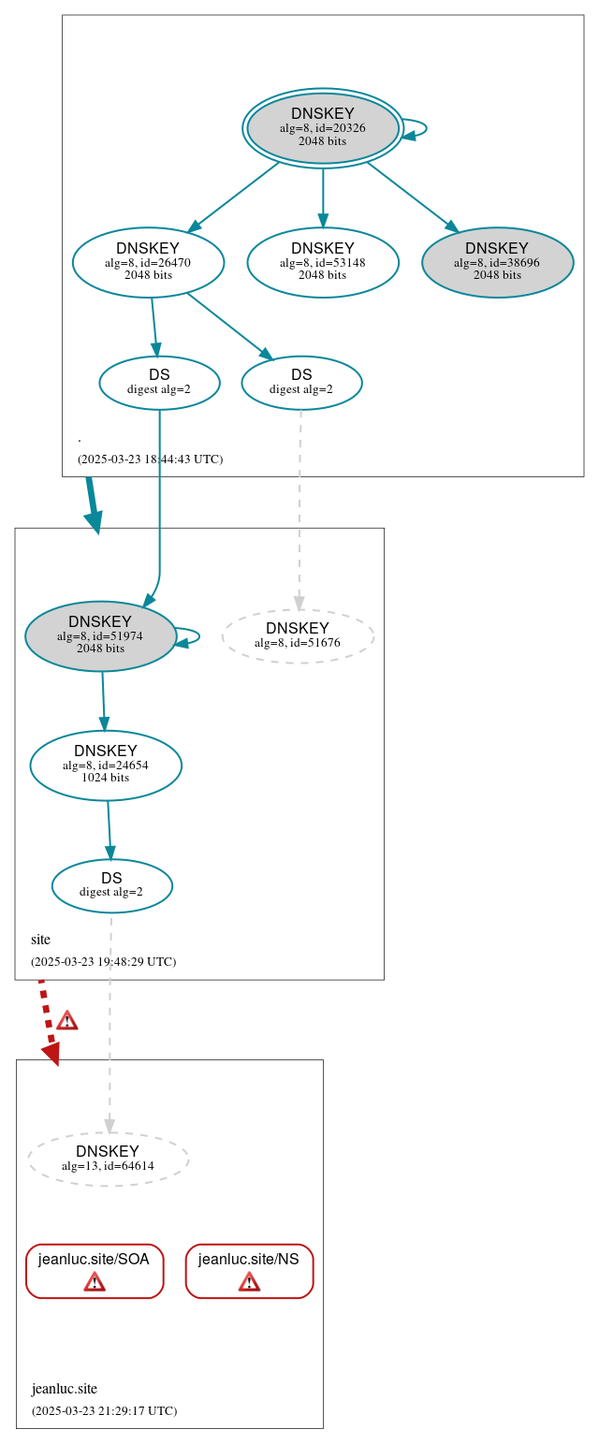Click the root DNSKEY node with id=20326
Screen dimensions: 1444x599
click(323, 128)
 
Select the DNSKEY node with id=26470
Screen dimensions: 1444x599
click(148, 262)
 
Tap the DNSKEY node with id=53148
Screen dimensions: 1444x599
click(323, 262)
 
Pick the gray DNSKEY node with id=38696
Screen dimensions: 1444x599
click(497, 262)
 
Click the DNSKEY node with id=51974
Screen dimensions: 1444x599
click(100, 635)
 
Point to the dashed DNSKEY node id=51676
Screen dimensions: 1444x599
click(298, 635)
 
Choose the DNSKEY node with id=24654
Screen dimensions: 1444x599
click(106, 765)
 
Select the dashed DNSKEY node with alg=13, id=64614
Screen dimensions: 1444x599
click(108, 1159)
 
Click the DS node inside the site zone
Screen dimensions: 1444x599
click(111, 885)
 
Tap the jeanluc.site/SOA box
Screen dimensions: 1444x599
click(95, 1270)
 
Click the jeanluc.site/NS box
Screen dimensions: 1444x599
click(249, 1270)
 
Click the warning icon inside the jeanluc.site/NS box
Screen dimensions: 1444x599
click(249, 1281)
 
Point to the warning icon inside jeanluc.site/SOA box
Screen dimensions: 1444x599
click(95, 1281)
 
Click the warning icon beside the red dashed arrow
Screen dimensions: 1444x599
click(66, 1020)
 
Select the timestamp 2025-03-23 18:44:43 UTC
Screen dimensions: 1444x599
click(150, 459)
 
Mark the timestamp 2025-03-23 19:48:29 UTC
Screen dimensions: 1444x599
click(103, 961)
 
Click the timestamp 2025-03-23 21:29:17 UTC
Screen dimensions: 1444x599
click(104, 1410)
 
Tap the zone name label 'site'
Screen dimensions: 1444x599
click(40, 940)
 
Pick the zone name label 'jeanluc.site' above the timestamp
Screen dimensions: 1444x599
click(65, 1389)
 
